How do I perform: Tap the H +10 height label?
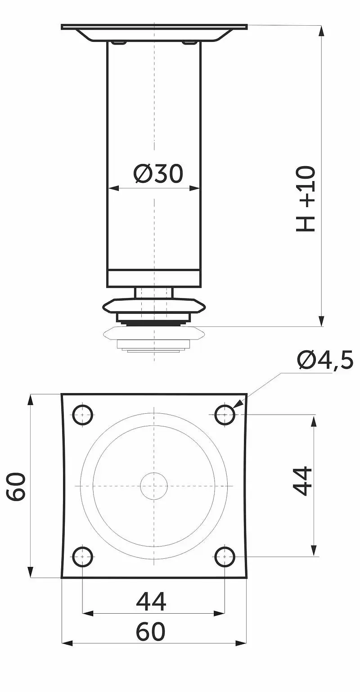click(306, 199)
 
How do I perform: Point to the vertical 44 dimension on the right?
click(302, 484)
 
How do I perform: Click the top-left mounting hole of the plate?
click(83, 415)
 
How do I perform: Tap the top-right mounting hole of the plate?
click(225, 415)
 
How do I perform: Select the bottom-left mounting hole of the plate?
click(83, 556)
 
